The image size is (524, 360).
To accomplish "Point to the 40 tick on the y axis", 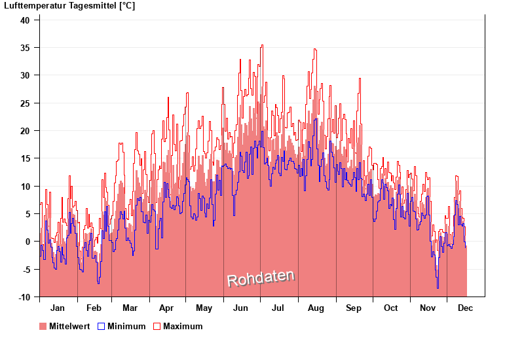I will click(x=25, y=20).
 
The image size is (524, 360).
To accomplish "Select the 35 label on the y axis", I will click(x=25, y=48).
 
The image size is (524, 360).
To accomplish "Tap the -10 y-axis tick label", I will click(x=24, y=297).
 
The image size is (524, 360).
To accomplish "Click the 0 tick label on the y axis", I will click(x=28, y=242).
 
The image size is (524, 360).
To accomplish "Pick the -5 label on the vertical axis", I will click(x=25, y=270).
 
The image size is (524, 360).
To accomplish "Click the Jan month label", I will click(x=58, y=308).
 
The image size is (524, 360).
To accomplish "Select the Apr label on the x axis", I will click(x=166, y=308).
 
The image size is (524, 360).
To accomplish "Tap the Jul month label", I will click(x=278, y=308).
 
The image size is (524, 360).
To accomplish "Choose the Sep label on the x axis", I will click(x=354, y=308).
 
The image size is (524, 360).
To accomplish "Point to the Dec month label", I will click(x=466, y=308).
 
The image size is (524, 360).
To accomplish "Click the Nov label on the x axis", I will click(x=428, y=308).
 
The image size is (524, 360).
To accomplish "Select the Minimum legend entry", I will click(x=126, y=326).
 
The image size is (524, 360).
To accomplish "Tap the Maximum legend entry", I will click(x=183, y=326).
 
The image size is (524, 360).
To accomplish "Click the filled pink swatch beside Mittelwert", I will click(x=43, y=326).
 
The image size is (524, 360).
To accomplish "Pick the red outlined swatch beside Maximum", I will click(x=157, y=326).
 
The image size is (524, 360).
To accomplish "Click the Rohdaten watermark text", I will click(x=261, y=278).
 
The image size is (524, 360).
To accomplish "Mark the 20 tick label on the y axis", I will click(x=25, y=131).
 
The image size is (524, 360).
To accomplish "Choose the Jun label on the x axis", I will click(x=240, y=308).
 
